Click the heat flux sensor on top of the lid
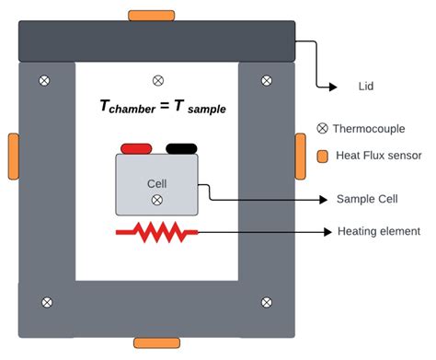pos(152,16)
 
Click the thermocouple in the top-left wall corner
pos(45,80)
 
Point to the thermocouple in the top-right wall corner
pos(267,80)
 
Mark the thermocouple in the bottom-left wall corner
pos(45,301)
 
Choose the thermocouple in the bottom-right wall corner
pos(267,301)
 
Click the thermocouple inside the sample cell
pos(157,199)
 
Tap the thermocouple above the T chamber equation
pos(157,80)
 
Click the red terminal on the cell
pos(136,147)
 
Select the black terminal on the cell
pos(180,147)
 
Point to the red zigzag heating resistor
pos(156,232)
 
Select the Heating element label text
pos(378,231)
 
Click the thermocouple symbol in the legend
pos(322,128)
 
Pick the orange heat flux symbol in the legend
pos(322,156)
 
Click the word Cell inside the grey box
pos(157,182)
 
